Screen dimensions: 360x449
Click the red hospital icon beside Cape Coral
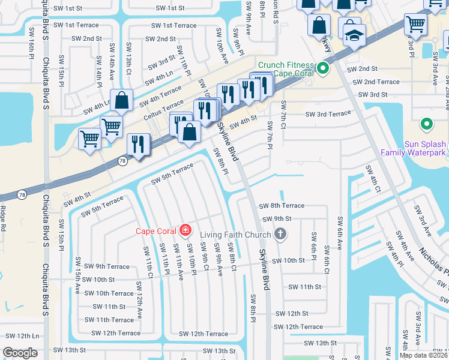pyautogui.click(x=185, y=230)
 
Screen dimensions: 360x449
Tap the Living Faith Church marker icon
pyautogui.click(x=279, y=234)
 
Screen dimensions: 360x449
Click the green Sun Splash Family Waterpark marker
pyautogui.click(x=426, y=124)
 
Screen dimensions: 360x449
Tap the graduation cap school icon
pyautogui.click(x=355, y=37)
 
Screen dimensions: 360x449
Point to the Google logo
pyautogui.click(x=20, y=352)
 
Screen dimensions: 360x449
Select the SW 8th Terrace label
pyautogui.click(x=282, y=206)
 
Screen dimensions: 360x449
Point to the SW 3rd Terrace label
pyautogui.click(x=328, y=114)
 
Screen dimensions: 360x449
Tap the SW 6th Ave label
pyautogui.click(x=340, y=233)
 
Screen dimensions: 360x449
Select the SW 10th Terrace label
pyautogui.click(x=109, y=293)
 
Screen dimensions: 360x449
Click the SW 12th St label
pyautogui.click(x=292, y=313)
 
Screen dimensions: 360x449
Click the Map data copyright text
pyautogui.click(x=423, y=355)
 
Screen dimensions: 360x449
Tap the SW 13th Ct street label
pyautogui.click(x=128, y=54)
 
